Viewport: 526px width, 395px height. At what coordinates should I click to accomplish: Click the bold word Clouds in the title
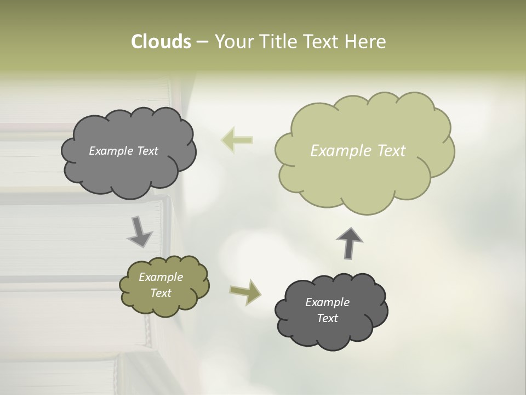click(x=161, y=42)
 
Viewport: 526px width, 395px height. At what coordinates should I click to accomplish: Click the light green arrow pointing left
click(x=237, y=140)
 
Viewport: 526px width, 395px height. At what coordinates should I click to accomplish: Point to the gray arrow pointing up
click(x=349, y=243)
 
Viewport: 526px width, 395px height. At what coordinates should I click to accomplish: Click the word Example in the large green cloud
click(x=335, y=151)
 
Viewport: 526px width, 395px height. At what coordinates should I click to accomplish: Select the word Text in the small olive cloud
click(x=161, y=293)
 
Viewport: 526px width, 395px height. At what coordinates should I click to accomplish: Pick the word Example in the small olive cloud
click(x=161, y=277)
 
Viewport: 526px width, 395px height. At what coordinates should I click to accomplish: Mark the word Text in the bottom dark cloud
click(x=328, y=318)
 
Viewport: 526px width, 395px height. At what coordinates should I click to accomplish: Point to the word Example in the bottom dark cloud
click(x=328, y=302)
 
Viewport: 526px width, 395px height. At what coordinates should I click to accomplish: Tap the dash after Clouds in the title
click(x=202, y=42)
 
